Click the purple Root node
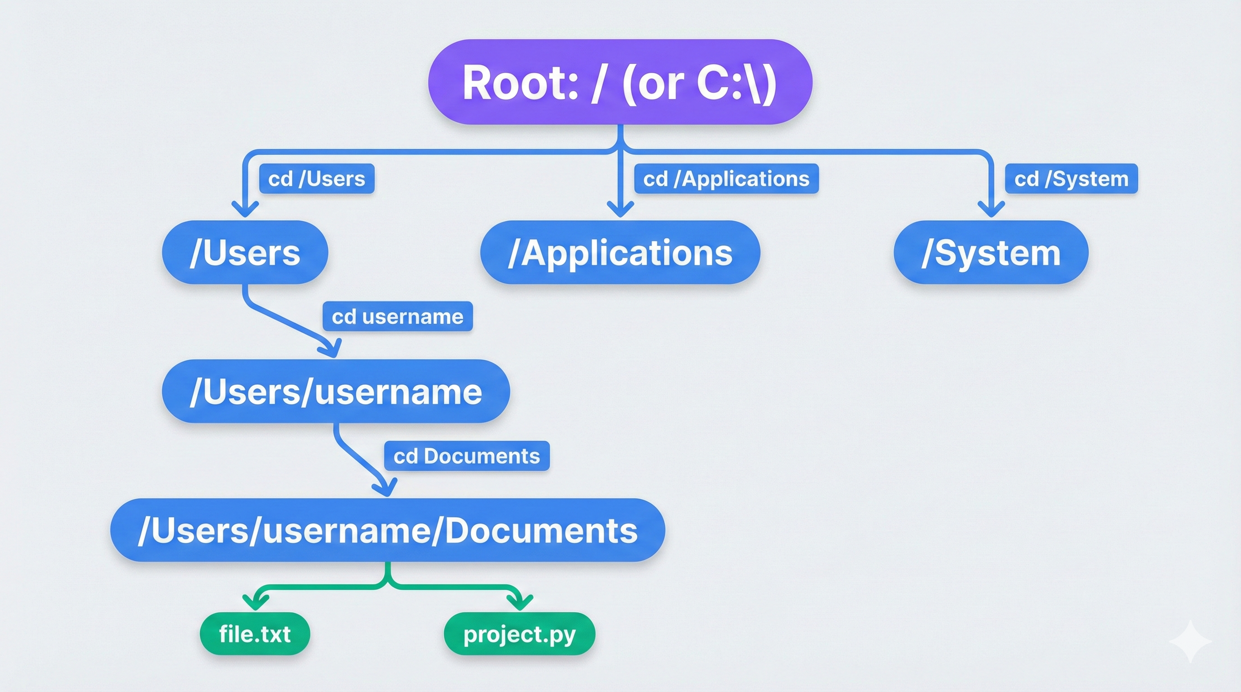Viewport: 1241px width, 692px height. [x=620, y=82]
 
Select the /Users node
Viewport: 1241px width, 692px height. [x=245, y=252]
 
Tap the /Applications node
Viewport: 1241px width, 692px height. [x=620, y=252]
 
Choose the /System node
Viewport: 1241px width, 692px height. [x=990, y=252]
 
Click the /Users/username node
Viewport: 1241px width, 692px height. [x=336, y=391]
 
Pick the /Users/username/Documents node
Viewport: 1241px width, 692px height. [x=387, y=530]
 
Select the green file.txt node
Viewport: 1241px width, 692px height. [x=255, y=633]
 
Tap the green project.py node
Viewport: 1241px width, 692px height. [x=519, y=633]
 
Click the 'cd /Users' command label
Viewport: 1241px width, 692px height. [x=317, y=178]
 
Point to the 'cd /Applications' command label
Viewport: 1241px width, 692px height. [x=726, y=178]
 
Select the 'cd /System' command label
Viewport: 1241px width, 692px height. [x=1071, y=178]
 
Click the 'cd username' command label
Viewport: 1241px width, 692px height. [x=397, y=316]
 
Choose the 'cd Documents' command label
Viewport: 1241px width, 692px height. [x=466, y=456]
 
